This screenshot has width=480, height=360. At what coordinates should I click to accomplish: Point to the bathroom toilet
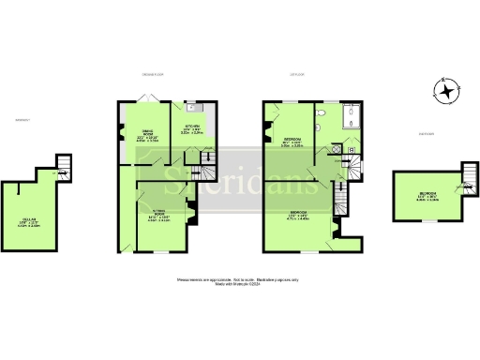tap(319, 112)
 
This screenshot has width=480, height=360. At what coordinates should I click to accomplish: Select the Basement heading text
tap(17, 119)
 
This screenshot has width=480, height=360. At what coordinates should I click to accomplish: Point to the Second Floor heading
tap(427, 134)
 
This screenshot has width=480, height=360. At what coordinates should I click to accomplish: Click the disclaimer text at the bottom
tap(239, 282)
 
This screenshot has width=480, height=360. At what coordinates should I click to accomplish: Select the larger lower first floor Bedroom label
tap(297, 217)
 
